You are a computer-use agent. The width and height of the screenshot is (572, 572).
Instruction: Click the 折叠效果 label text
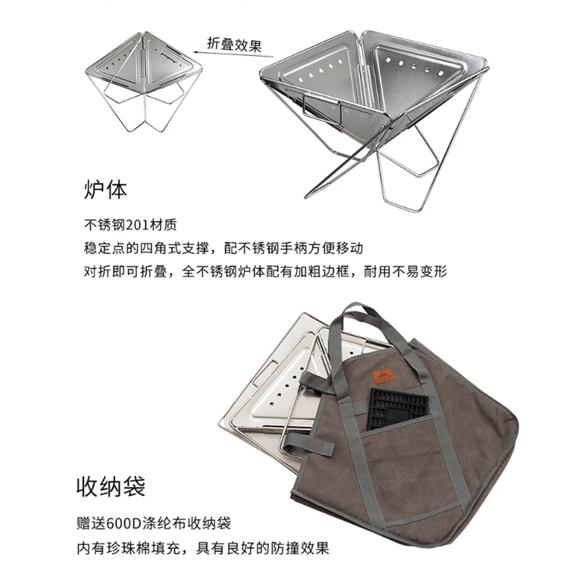pyautogui.click(x=233, y=45)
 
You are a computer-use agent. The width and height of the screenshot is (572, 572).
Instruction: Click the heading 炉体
pyautogui.click(x=105, y=189)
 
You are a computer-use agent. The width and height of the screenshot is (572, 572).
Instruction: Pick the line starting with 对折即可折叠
pyautogui.click(x=265, y=271)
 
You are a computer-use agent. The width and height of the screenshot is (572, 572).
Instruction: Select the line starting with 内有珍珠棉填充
pyautogui.click(x=203, y=548)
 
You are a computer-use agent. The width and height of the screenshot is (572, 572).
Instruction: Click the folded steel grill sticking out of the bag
pyautogui.click(x=269, y=389)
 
